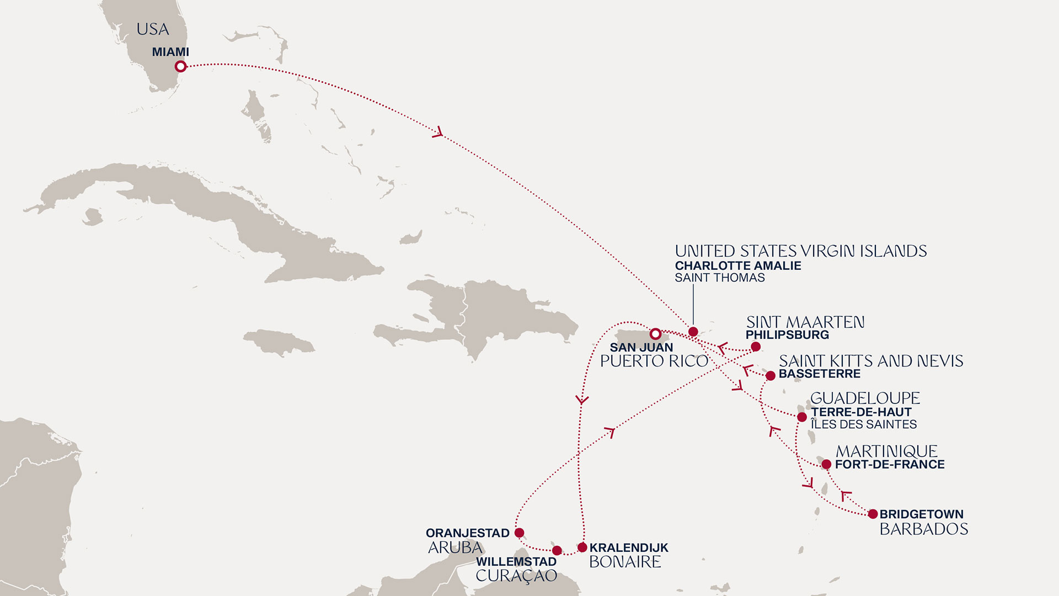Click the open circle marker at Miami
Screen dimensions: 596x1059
(x=180, y=67)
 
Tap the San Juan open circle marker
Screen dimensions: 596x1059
(x=655, y=334)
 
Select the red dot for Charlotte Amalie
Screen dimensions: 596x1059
(x=693, y=332)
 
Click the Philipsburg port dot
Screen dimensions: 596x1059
(x=756, y=347)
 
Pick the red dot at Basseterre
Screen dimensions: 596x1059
(x=771, y=376)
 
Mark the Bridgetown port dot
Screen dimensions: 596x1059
(x=873, y=514)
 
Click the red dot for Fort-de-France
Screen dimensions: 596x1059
(x=826, y=465)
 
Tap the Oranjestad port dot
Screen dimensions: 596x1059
(x=519, y=533)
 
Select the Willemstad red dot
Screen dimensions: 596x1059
(x=557, y=550)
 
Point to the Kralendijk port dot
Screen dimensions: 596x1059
(x=582, y=547)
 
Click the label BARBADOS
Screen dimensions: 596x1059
(x=923, y=529)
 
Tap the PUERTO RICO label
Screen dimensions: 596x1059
(x=654, y=361)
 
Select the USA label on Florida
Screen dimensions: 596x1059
(x=153, y=29)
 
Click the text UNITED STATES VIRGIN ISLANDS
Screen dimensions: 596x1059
(x=800, y=252)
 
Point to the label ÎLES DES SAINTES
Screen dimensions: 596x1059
(x=863, y=425)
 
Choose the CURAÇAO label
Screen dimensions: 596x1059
(x=516, y=576)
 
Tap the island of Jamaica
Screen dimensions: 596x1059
(x=279, y=342)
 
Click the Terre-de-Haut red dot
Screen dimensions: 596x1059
(x=802, y=417)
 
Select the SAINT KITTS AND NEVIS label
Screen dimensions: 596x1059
(x=870, y=361)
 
